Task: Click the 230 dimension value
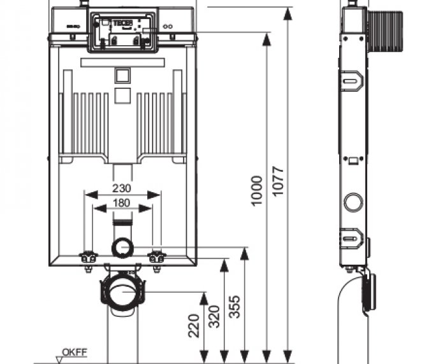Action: [122, 188]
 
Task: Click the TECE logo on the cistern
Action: [123, 24]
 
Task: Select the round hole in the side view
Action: [352, 203]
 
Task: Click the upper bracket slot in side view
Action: [351, 81]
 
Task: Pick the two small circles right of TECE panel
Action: [168, 27]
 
